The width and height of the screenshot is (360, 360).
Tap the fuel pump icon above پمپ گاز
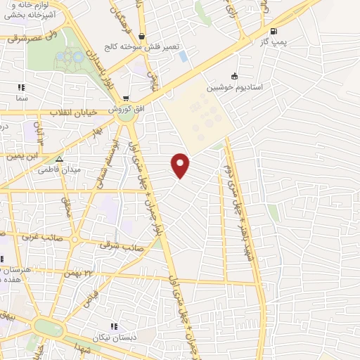pyautogui.click(x=274, y=31)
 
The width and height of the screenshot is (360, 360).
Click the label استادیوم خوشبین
pyautogui.click(x=234, y=89)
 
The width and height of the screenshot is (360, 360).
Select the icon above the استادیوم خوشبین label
pyautogui.click(x=234, y=77)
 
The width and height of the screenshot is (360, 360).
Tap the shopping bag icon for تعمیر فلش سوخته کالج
pyautogui.click(x=143, y=36)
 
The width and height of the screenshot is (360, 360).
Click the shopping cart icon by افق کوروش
pyautogui.click(x=126, y=99)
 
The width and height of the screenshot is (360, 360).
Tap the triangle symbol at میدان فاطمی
pyautogui.click(x=59, y=159)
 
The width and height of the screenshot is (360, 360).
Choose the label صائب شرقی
pyautogui.click(x=124, y=247)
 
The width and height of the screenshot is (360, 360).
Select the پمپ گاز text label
pyautogui.click(x=274, y=44)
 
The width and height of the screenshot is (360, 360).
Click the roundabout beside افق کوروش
pyautogui.click(x=127, y=116)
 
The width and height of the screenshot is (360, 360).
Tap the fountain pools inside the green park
pyautogui.click(x=68, y=58)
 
